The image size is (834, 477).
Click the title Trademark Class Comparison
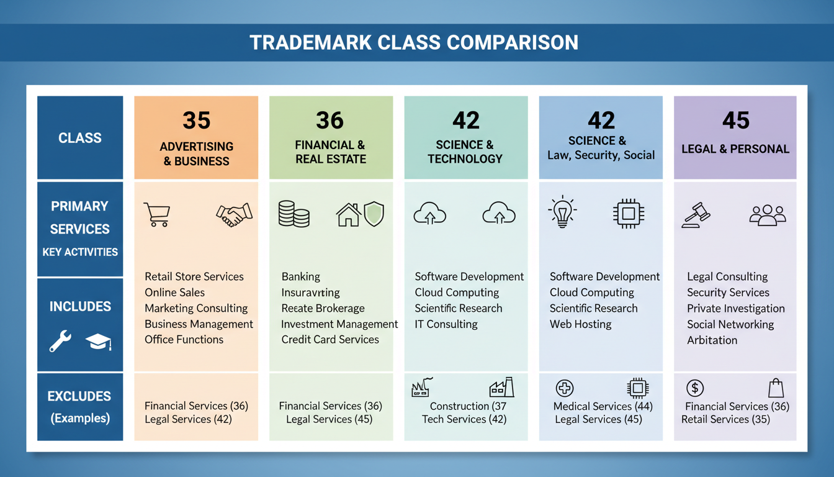pyautogui.click(x=414, y=42)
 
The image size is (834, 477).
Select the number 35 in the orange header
pyautogui.click(x=196, y=120)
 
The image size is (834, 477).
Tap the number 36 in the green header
pyautogui.click(x=330, y=120)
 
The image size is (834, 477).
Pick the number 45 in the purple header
pyautogui.click(x=735, y=120)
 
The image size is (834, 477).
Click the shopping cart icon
pyautogui.click(x=156, y=215)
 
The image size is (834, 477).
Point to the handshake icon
pyautogui.click(x=234, y=214)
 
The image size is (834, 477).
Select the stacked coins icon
pyautogui.click(x=294, y=214)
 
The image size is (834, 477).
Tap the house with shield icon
pyautogui.click(x=359, y=214)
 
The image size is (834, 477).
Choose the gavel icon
pyautogui.click(x=696, y=215)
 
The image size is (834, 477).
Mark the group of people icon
pyautogui.click(x=768, y=215)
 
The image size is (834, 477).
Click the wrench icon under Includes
pyautogui.click(x=60, y=341)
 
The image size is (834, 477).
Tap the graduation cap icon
pyautogui.click(x=97, y=342)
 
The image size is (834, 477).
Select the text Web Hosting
pyautogui.click(x=580, y=324)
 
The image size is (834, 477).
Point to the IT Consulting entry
pyautogui.click(x=446, y=324)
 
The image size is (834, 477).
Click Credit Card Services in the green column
pyautogui.click(x=330, y=340)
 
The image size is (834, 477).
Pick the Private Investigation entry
pyautogui.click(x=735, y=309)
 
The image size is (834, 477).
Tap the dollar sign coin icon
pyautogui.click(x=694, y=389)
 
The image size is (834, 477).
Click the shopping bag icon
pyautogui.click(x=775, y=388)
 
